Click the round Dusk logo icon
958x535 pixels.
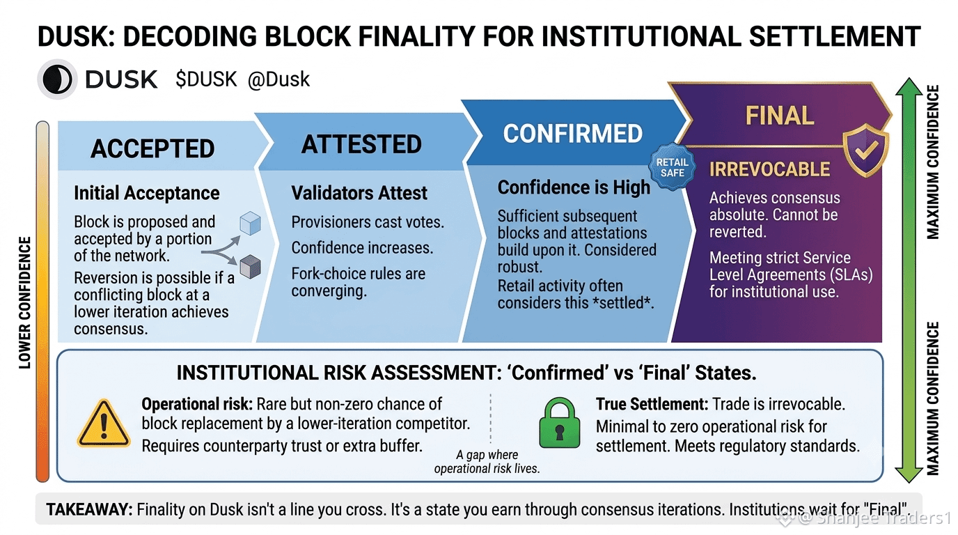point(57,79)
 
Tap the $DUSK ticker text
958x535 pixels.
point(206,79)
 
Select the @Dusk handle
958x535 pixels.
point(278,79)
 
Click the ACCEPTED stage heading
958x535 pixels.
point(152,148)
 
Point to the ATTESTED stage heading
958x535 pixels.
point(361,144)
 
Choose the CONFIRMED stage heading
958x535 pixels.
point(573,133)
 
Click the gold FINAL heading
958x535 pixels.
point(780,116)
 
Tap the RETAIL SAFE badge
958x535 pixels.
point(673,167)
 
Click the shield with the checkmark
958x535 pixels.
point(865,150)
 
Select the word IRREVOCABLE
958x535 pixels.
point(770,169)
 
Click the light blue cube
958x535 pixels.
point(250,223)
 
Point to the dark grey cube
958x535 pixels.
point(250,267)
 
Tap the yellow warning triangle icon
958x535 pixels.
point(104,424)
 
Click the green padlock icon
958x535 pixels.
point(559,422)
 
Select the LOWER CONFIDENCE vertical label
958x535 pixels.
point(25,302)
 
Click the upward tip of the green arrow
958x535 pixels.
point(908,78)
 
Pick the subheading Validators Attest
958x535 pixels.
point(359,193)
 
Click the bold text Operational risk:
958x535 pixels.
point(197,404)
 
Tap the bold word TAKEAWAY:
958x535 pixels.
point(89,509)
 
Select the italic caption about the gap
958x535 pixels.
point(487,461)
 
